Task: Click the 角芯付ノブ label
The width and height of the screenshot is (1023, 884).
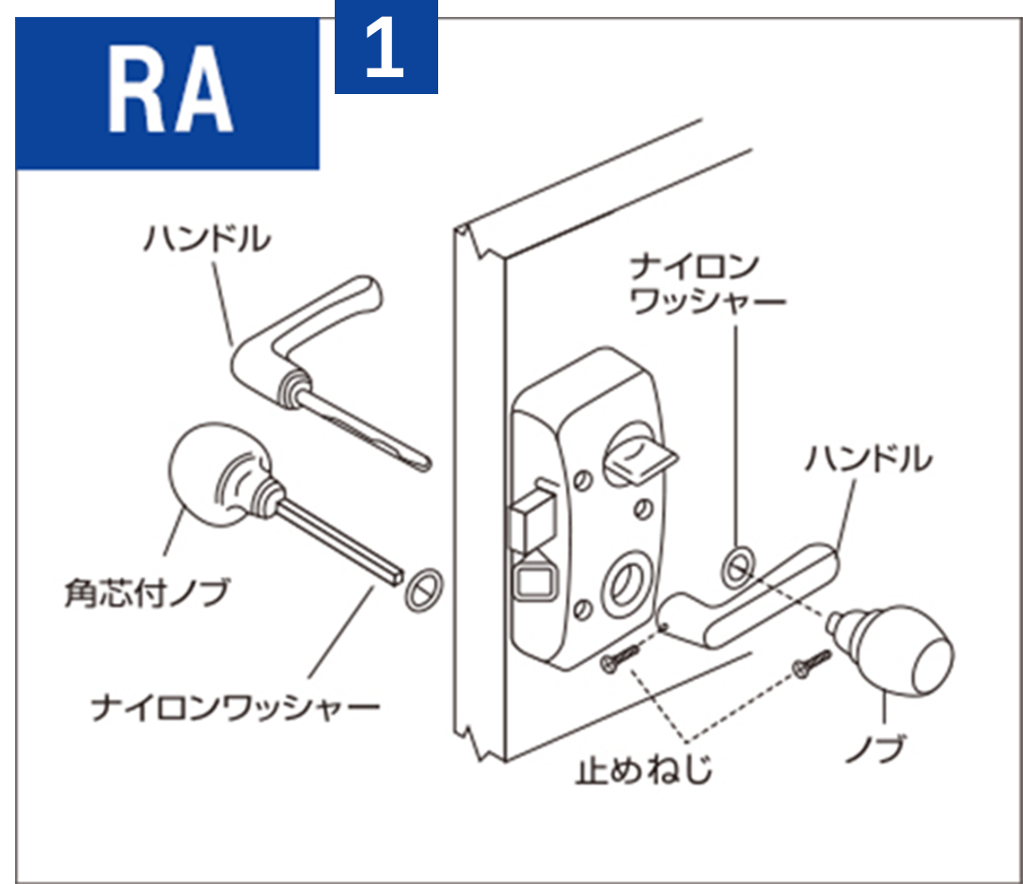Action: click(146, 593)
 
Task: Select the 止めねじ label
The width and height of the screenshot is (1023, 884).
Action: click(644, 771)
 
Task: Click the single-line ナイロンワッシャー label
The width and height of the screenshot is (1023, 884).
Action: click(235, 706)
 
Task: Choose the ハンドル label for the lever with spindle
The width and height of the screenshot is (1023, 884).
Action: click(207, 239)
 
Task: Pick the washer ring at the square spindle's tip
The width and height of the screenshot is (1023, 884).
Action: click(422, 589)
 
